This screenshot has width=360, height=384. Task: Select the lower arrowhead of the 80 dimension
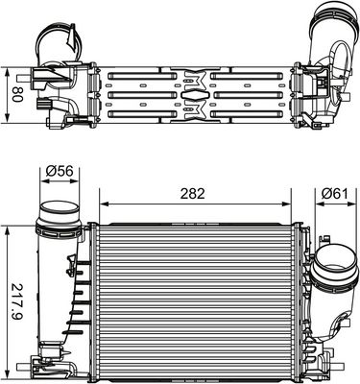tap(9, 122)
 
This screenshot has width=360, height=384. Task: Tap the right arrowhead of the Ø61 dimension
tap(351, 204)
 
